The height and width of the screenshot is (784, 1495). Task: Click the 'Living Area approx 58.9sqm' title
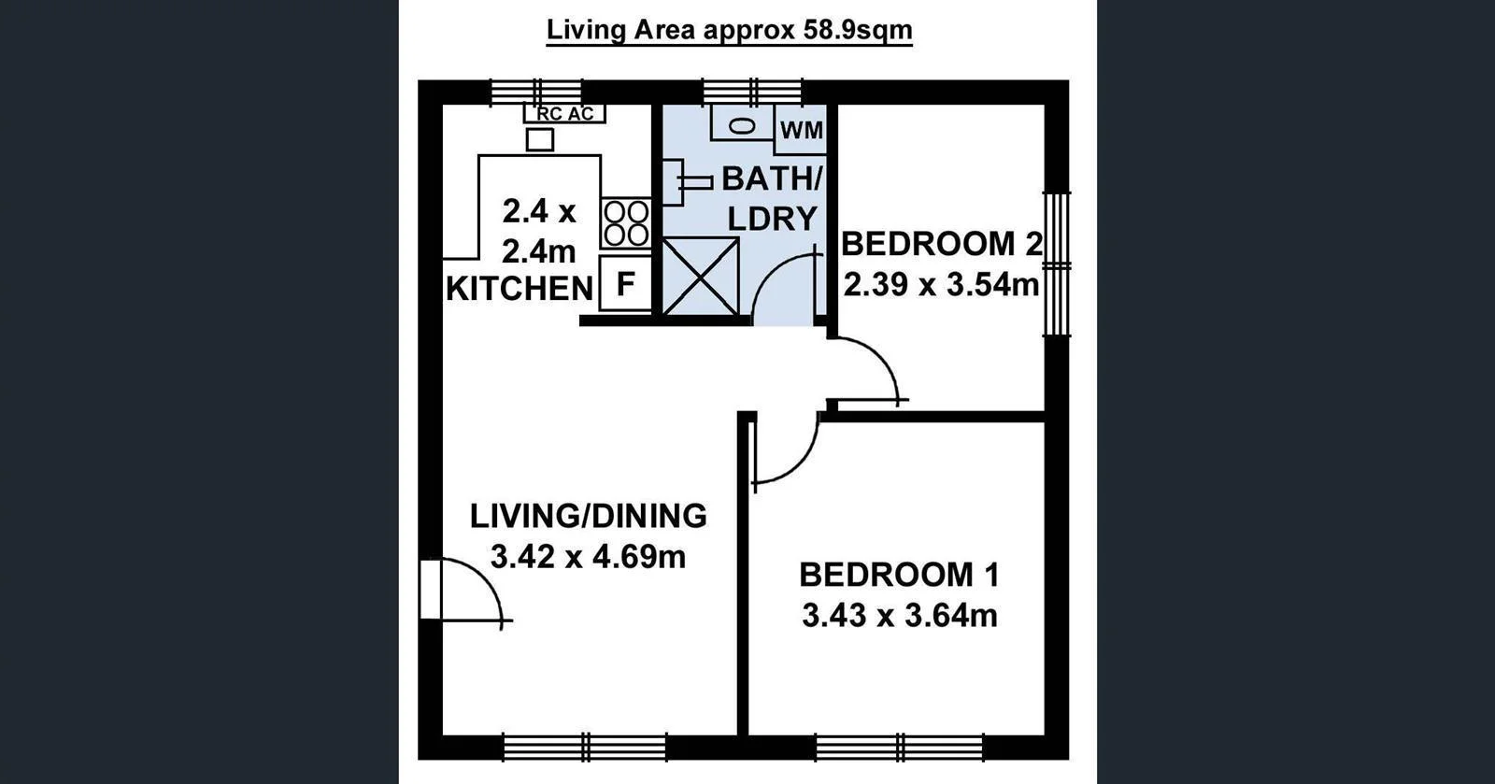coord(729,30)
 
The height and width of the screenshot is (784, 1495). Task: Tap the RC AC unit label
coord(564,114)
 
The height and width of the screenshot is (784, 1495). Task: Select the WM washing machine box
coord(801,130)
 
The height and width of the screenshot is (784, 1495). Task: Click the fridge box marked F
coord(625,284)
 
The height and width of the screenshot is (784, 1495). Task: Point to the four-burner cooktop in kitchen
coord(625,223)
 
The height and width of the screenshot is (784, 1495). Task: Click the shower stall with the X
coord(701,277)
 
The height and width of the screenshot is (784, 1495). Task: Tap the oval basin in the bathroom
coord(742,125)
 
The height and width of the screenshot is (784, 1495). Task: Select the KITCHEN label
coord(520,289)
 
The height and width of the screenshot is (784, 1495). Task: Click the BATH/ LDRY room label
coord(771,197)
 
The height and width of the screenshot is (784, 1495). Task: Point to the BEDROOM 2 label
coord(941,244)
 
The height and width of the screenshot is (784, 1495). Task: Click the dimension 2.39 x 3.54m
coord(941,284)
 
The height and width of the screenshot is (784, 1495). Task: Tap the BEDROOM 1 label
coord(899,574)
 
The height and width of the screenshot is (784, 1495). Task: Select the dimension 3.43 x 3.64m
coord(899,616)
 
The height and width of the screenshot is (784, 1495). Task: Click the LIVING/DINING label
coord(588,515)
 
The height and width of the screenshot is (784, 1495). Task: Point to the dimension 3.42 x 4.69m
coord(588,557)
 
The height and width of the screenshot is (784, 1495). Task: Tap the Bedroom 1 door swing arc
coord(783,453)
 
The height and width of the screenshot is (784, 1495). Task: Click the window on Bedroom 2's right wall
coord(1056,264)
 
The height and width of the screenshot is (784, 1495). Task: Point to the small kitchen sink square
coord(540,140)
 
